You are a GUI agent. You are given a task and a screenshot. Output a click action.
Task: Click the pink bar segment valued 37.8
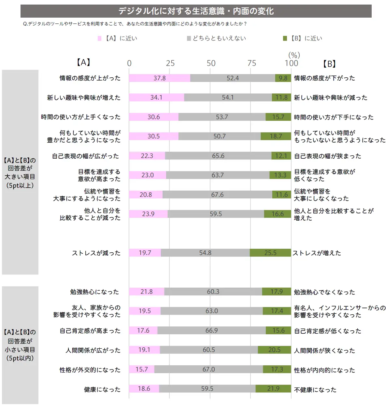[159, 78]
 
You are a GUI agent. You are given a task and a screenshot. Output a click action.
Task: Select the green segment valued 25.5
[270, 253]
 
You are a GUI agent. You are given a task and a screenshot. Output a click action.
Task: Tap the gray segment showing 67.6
[217, 195]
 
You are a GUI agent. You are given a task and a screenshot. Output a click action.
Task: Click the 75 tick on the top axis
[251, 63]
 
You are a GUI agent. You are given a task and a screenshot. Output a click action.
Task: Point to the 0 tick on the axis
[129, 63]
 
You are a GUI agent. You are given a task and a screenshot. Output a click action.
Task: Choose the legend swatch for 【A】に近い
[100, 39]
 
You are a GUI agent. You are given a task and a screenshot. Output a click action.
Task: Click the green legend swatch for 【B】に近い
[285, 39]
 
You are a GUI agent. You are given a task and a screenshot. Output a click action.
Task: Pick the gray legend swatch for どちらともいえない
[189, 39]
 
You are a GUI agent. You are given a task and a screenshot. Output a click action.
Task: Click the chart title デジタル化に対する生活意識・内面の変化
[196, 11]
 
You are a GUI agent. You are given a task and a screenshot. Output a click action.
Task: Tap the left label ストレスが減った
[96, 253]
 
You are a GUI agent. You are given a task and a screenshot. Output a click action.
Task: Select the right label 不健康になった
[315, 389]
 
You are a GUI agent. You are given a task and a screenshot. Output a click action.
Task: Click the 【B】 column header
[329, 64]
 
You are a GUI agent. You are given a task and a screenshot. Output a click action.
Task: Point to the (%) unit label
[294, 55]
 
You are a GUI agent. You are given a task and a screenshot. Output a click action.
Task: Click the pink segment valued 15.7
[142, 369]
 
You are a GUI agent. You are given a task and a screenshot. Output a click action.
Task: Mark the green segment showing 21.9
[273, 388]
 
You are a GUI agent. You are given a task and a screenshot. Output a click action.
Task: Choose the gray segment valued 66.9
[211, 330]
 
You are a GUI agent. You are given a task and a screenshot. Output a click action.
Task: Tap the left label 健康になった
[102, 389]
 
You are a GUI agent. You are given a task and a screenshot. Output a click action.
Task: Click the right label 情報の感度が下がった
[324, 78]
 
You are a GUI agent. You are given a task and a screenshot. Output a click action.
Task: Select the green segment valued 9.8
[283, 78]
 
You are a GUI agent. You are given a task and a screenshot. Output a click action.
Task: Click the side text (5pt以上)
[20, 185]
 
